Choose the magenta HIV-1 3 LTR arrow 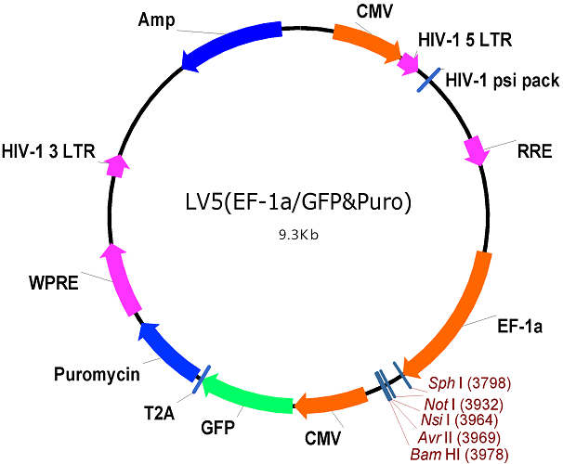pyautogui.click(x=117, y=166)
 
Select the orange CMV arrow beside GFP pyautogui.click(x=331, y=403)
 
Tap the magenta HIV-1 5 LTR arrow pyautogui.click(x=408, y=64)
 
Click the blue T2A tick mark pyautogui.click(x=201, y=379)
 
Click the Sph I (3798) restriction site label pyautogui.click(x=470, y=383)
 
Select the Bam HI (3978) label pyautogui.click(x=460, y=455)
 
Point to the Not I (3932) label pyautogui.click(x=464, y=405)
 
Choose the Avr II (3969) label pyautogui.click(x=459, y=437)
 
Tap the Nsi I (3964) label pyautogui.click(x=460, y=419)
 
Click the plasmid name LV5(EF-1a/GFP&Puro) pyautogui.click(x=298, y=202)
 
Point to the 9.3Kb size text pyautogui.click(x=299, y=235)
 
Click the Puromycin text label pyautogui.click(x=97, y=374)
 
